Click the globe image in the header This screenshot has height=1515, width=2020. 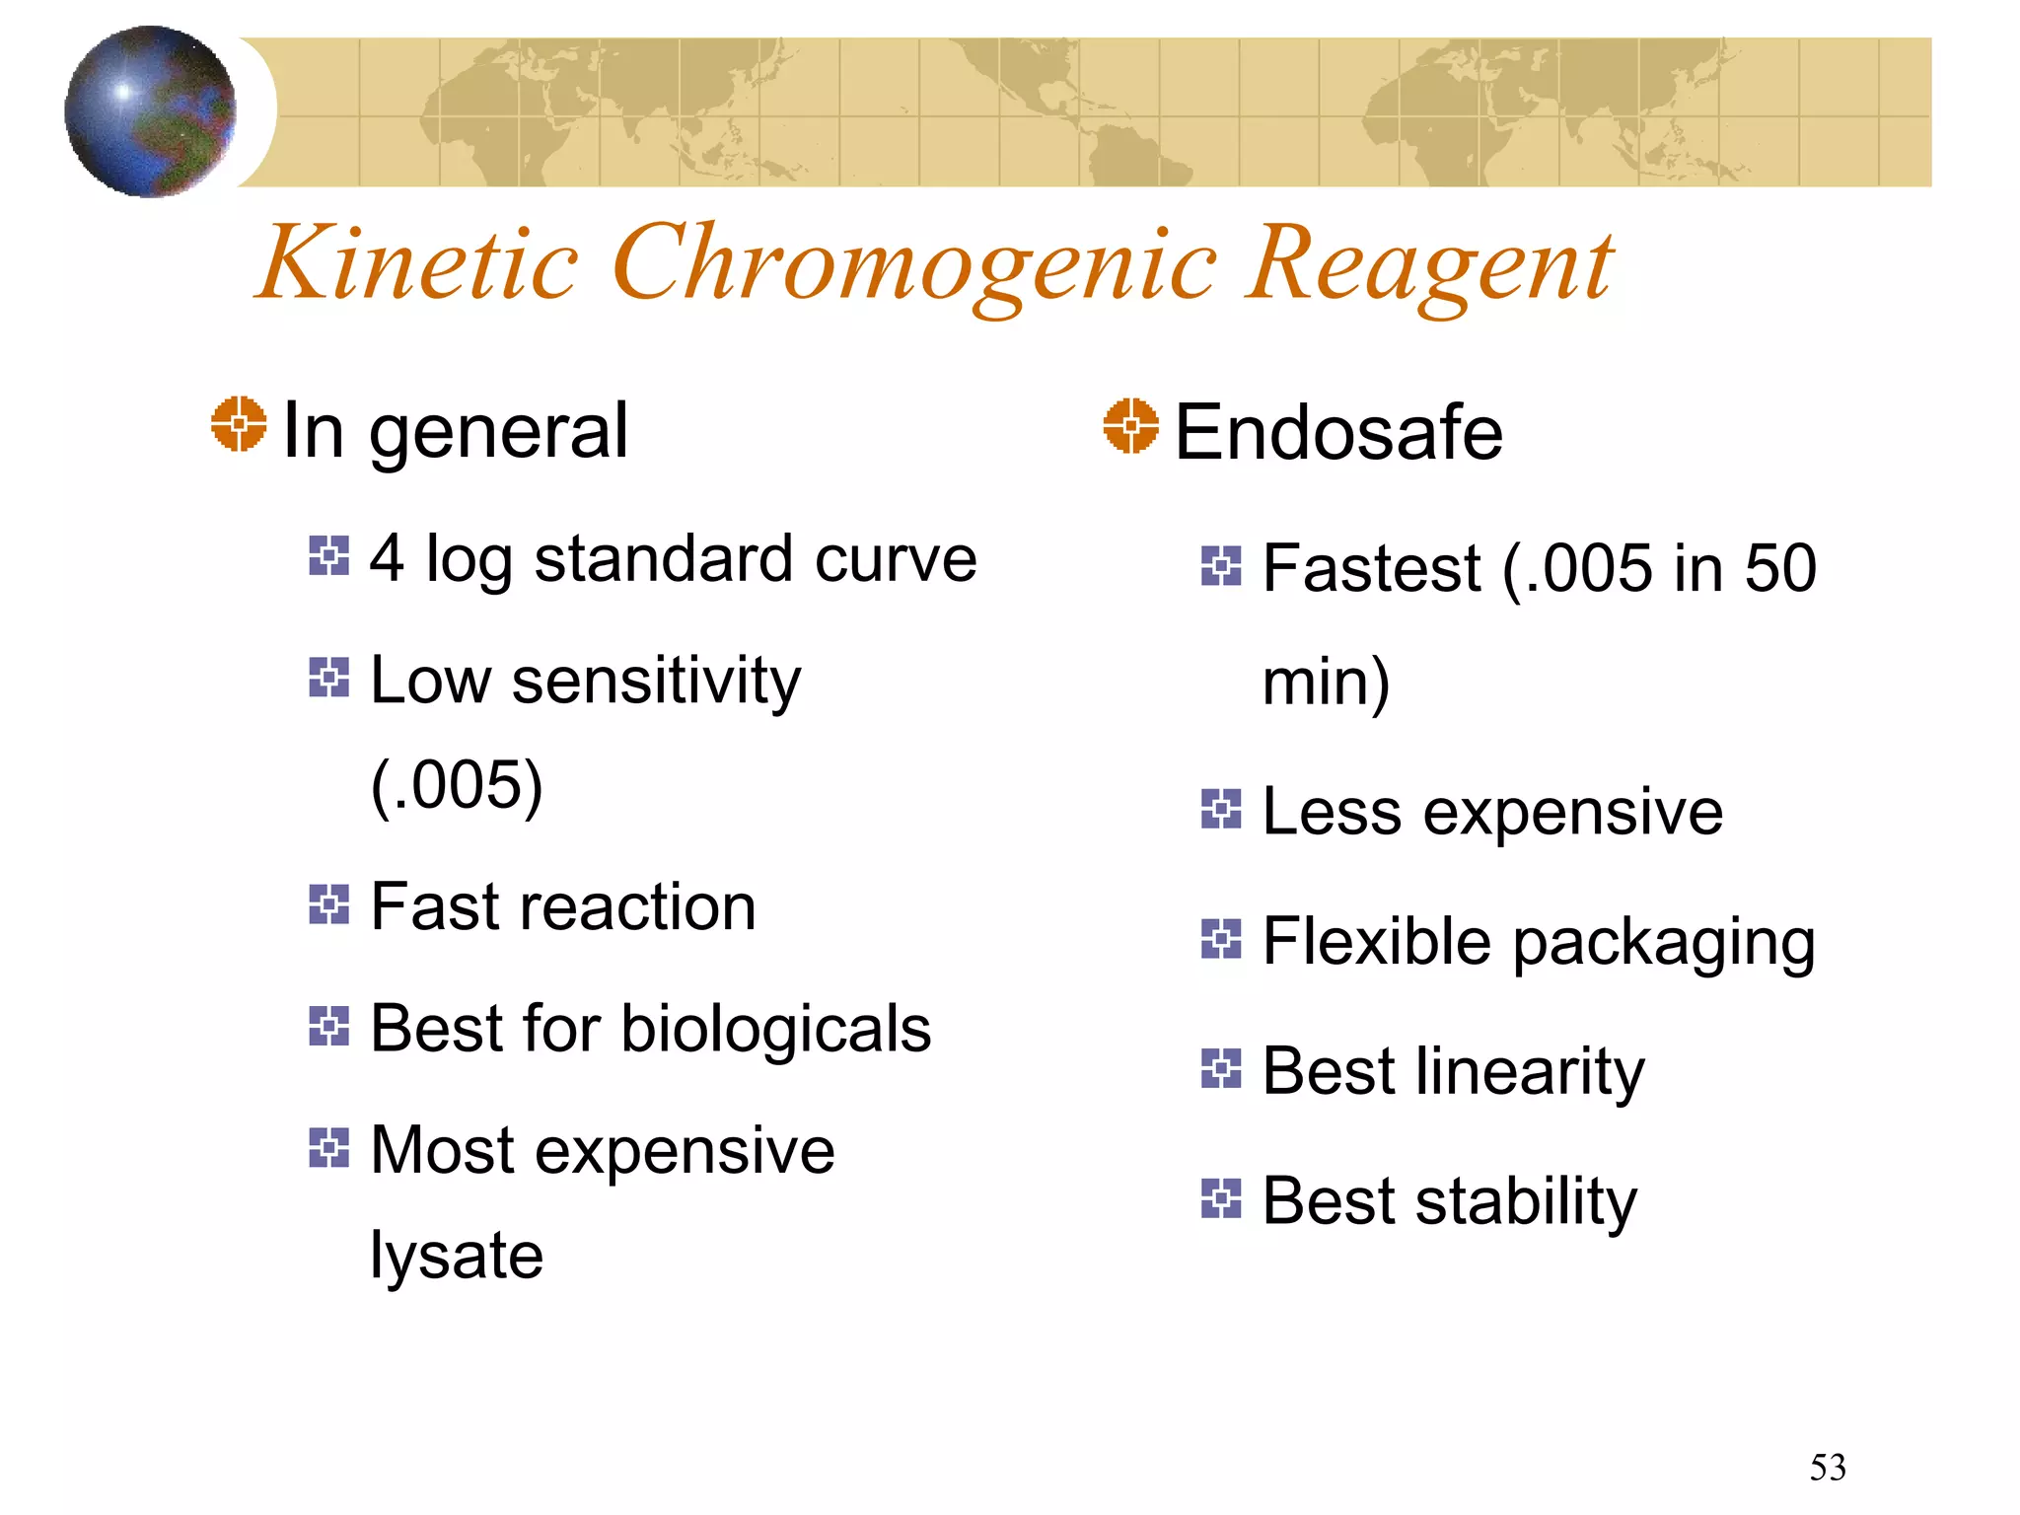[150, 110]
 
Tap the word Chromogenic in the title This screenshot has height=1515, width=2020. [913, 264]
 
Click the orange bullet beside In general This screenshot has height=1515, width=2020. [239, 425]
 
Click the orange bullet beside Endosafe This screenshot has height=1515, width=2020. [1130, 426]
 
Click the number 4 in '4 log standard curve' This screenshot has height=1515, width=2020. [387, 558]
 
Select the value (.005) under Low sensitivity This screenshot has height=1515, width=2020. [457, 785]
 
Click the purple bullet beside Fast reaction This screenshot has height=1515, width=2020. [328, 903]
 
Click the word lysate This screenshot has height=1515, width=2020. [457, 1257]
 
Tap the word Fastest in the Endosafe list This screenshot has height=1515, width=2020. [1371, 569]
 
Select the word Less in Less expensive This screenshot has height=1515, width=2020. [1331, 812]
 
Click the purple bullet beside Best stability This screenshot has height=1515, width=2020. [1221, 1198]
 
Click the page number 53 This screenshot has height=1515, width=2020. [1827, 1468]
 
